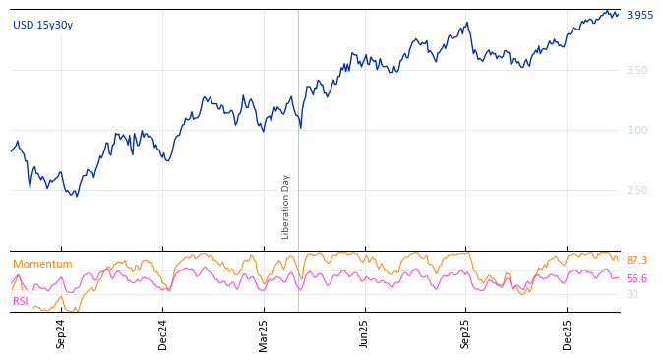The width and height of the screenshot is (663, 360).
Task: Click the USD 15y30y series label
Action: click(42, 26)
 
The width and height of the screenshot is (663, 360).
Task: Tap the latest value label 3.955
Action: click(639, 16)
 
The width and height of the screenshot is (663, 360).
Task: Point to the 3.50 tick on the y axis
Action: click(636, 70)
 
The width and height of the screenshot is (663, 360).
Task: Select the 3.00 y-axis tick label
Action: click(636, 130)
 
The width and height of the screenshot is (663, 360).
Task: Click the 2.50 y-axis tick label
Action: click(636, 190)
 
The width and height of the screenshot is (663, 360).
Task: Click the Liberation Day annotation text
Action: click(286, 207)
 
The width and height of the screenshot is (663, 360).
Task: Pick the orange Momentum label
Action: click(42, 265)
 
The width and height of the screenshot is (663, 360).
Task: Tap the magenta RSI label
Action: click(21, 301)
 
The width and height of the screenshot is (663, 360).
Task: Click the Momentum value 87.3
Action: click(636, 261)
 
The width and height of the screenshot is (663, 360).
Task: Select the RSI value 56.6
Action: click(636, 279)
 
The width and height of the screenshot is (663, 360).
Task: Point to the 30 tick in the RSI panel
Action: click(633, 294)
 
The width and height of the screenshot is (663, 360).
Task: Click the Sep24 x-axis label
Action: click(61, 333)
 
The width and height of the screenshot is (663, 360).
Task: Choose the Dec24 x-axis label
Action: click(163, 333)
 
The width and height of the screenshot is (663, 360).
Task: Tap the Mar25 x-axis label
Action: click(264, 333)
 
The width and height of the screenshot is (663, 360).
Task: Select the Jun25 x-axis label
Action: click(364, 333)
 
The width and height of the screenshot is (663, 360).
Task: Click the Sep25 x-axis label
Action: click(465, 333)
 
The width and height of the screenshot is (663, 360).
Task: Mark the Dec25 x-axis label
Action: click(567, 333)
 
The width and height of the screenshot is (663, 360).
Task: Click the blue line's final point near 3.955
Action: click(619, 15)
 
